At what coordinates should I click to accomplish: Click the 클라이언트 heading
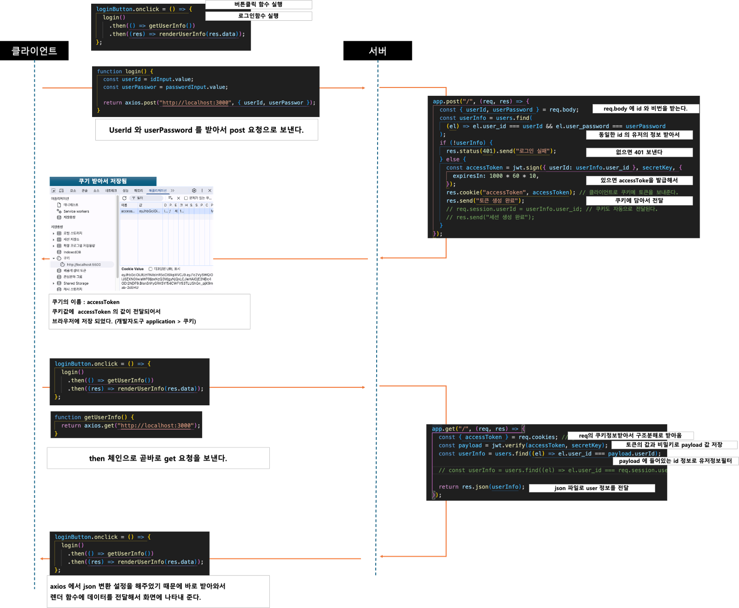pyautogui.click(x=34, y=51)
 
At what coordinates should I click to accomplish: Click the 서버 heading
pyautogui.click(x=377, y=51)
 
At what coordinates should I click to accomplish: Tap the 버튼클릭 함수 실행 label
pyautogui.click(x=258, y=5)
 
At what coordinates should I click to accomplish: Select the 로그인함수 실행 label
pyautogui.click(x=258, y=16)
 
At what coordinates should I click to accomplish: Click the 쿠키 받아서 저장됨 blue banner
pyautogui.click(x=103, y=181)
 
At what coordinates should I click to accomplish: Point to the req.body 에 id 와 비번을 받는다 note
pyautogui.click(x=646, y=109)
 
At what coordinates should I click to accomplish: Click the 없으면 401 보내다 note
pyautogui.click(x=639, y=152)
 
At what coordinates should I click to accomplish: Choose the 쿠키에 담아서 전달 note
pyautogui.click(x=639, y=200)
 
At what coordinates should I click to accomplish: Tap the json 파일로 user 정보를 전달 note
pyautogui.click(x=591, y=488)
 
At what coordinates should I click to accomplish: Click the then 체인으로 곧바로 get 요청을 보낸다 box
pyautogui.click(x=158, y=458)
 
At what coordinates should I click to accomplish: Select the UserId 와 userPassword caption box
pyautogui.click(x=206, y=130)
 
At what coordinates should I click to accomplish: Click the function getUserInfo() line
pyautogui.click(x=94, y=417)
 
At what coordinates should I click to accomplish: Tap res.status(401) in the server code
pyautogui.click(x=470, y=151)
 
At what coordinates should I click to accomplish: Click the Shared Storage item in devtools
pyautogui.click(x=76, y=283)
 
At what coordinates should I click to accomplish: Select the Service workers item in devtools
pyautogui.click(x=76, y=211)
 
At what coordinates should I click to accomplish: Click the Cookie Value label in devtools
pyautogui.click(x=132, y=269)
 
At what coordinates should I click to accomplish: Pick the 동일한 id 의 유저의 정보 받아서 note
pyautogui.click(x=639, y=135)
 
